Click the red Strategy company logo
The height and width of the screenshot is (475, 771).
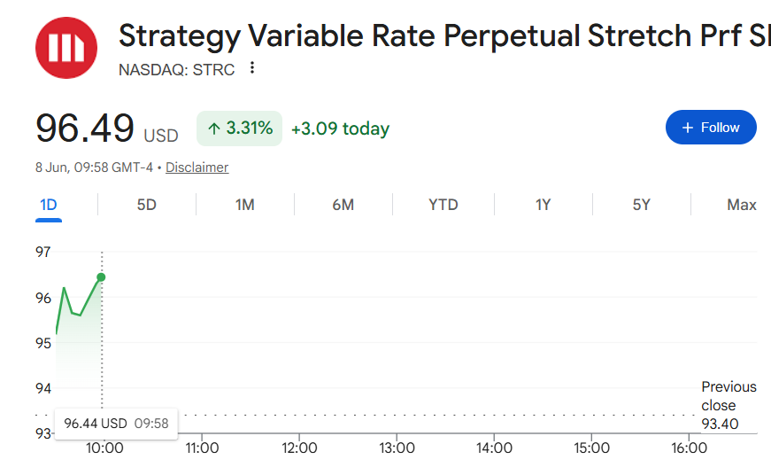point(66,48)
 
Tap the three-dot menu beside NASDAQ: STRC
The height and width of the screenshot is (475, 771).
point(252,68)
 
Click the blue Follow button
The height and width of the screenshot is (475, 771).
point(711,128)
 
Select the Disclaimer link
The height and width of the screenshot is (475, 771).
point(197,167)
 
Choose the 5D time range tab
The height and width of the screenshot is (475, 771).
point(147,205)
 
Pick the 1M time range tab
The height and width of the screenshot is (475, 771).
point(245,205)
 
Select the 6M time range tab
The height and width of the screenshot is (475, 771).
point(343,205)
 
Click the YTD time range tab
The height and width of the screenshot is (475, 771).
point(443,205)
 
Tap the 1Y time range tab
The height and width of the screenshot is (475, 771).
point(543,205)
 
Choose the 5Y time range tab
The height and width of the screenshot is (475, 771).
point(641,205)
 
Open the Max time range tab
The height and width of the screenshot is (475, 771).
point(742,205)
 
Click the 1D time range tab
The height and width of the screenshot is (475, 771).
point(48,205)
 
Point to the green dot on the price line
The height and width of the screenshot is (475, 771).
point(101,277)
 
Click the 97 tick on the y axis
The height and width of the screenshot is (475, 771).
point(43,252)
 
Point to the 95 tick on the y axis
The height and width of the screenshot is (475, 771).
point(43,343)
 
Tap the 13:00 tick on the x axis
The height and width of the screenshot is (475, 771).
point(397,448)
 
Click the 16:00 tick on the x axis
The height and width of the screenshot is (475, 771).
point(689,448)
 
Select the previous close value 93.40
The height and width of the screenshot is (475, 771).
point(720,424)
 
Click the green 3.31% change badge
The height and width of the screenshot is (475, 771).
point(240,128)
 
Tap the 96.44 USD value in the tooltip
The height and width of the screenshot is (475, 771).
point(96,424)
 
